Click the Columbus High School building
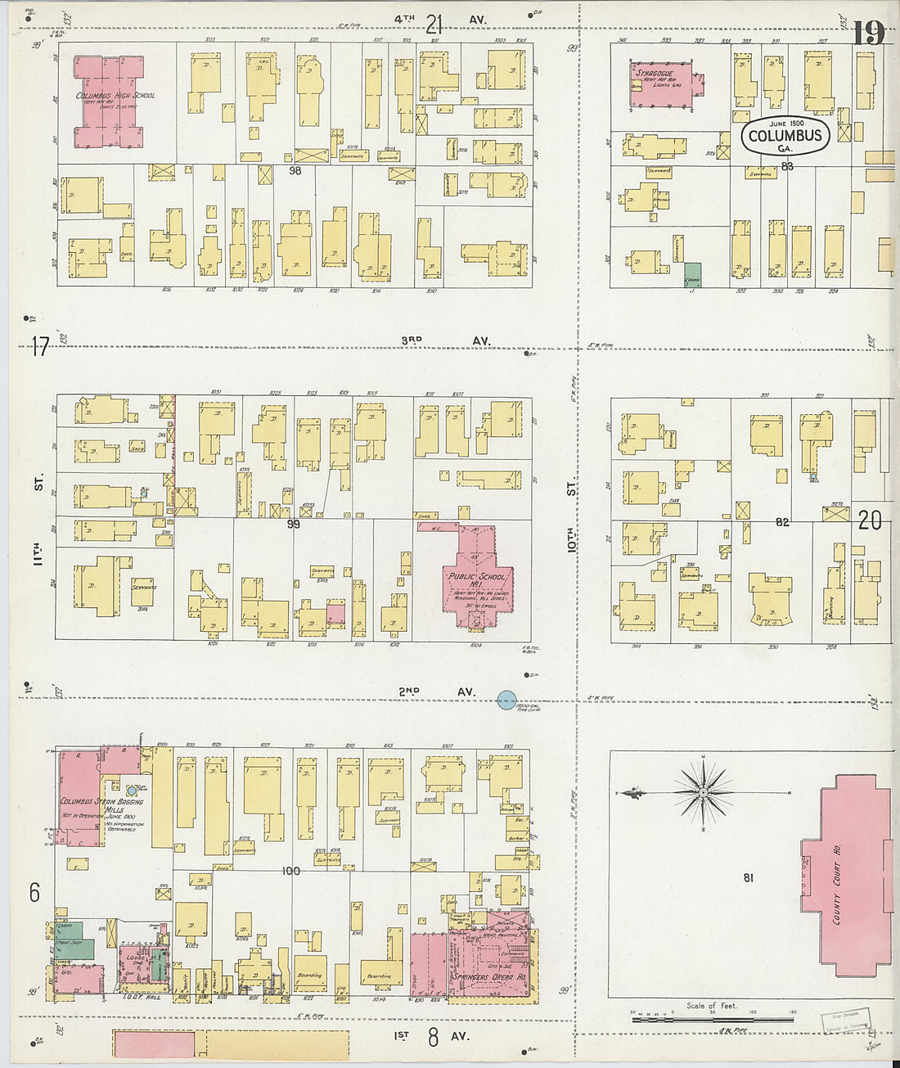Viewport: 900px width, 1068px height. pos(110,102)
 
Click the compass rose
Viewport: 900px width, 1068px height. pos(703,793)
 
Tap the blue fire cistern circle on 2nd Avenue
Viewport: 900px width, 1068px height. pos(507,699)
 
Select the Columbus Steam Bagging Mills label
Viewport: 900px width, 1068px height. pos(101,807)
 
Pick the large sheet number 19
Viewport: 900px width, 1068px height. pos(868,34)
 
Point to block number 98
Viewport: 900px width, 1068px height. pos(295,170)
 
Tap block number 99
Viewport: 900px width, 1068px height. pos(293,524)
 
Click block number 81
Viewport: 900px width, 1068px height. pos(748,878)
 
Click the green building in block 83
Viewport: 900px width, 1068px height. pos(692,274)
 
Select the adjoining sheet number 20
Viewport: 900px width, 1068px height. pos(870,520)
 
